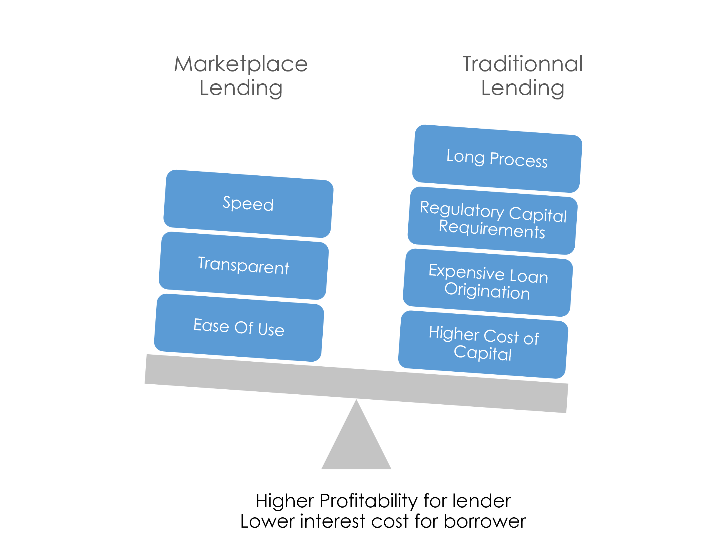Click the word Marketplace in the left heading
click(x=241, y=64)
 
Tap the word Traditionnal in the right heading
click(x=523, y=64)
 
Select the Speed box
click(x=248, y=204)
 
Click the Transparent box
click(x=244, y=265)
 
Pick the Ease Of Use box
click(x=239, y=328)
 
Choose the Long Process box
click(x=497, y=159)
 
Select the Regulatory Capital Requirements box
click(x=492, y=220)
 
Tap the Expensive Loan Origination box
click(x=488, y=282)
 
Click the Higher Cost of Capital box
click(x=483, y=344)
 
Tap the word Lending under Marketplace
click(x=241, y=88)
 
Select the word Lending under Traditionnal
click(x=523, y=88)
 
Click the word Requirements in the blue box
click(x=492, y=229)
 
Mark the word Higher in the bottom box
click(x=454, y=334)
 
